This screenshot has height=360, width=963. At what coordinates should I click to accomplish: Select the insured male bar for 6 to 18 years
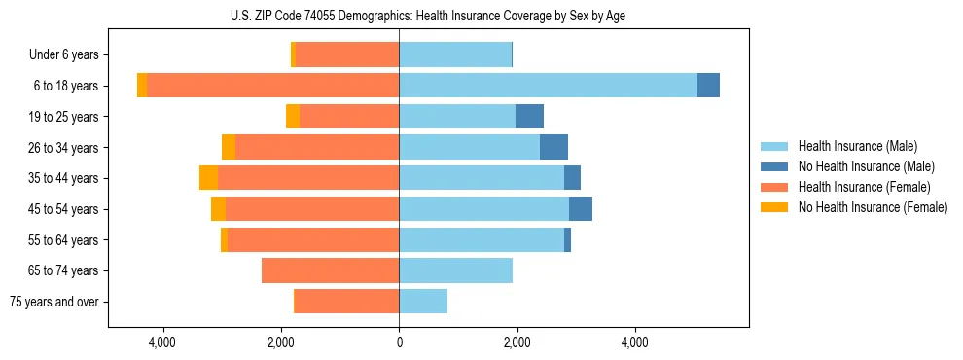[548, 86]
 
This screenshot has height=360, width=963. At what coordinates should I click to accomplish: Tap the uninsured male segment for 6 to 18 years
[708, 86]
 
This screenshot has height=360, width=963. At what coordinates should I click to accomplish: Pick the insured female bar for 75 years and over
[346, 302]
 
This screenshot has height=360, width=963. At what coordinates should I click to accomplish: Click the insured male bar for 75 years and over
[423, 302]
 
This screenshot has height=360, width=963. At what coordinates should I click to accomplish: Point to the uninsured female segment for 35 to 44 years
[208, 178]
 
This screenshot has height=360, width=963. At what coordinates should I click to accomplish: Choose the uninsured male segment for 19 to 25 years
[529, 117]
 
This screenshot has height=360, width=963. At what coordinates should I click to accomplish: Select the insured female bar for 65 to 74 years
[330, 270]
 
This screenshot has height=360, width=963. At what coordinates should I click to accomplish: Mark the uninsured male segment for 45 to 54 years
[581, 209]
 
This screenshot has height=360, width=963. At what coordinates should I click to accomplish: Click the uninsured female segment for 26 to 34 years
[229, 147]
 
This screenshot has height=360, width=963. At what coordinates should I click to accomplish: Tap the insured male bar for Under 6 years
[455, 54]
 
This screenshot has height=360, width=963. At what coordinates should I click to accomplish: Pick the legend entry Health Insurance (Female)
[864, 187]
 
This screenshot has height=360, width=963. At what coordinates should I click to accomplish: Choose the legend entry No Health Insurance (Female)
[873, 207]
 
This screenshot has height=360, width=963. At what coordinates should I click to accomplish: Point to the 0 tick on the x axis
[399, 343]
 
